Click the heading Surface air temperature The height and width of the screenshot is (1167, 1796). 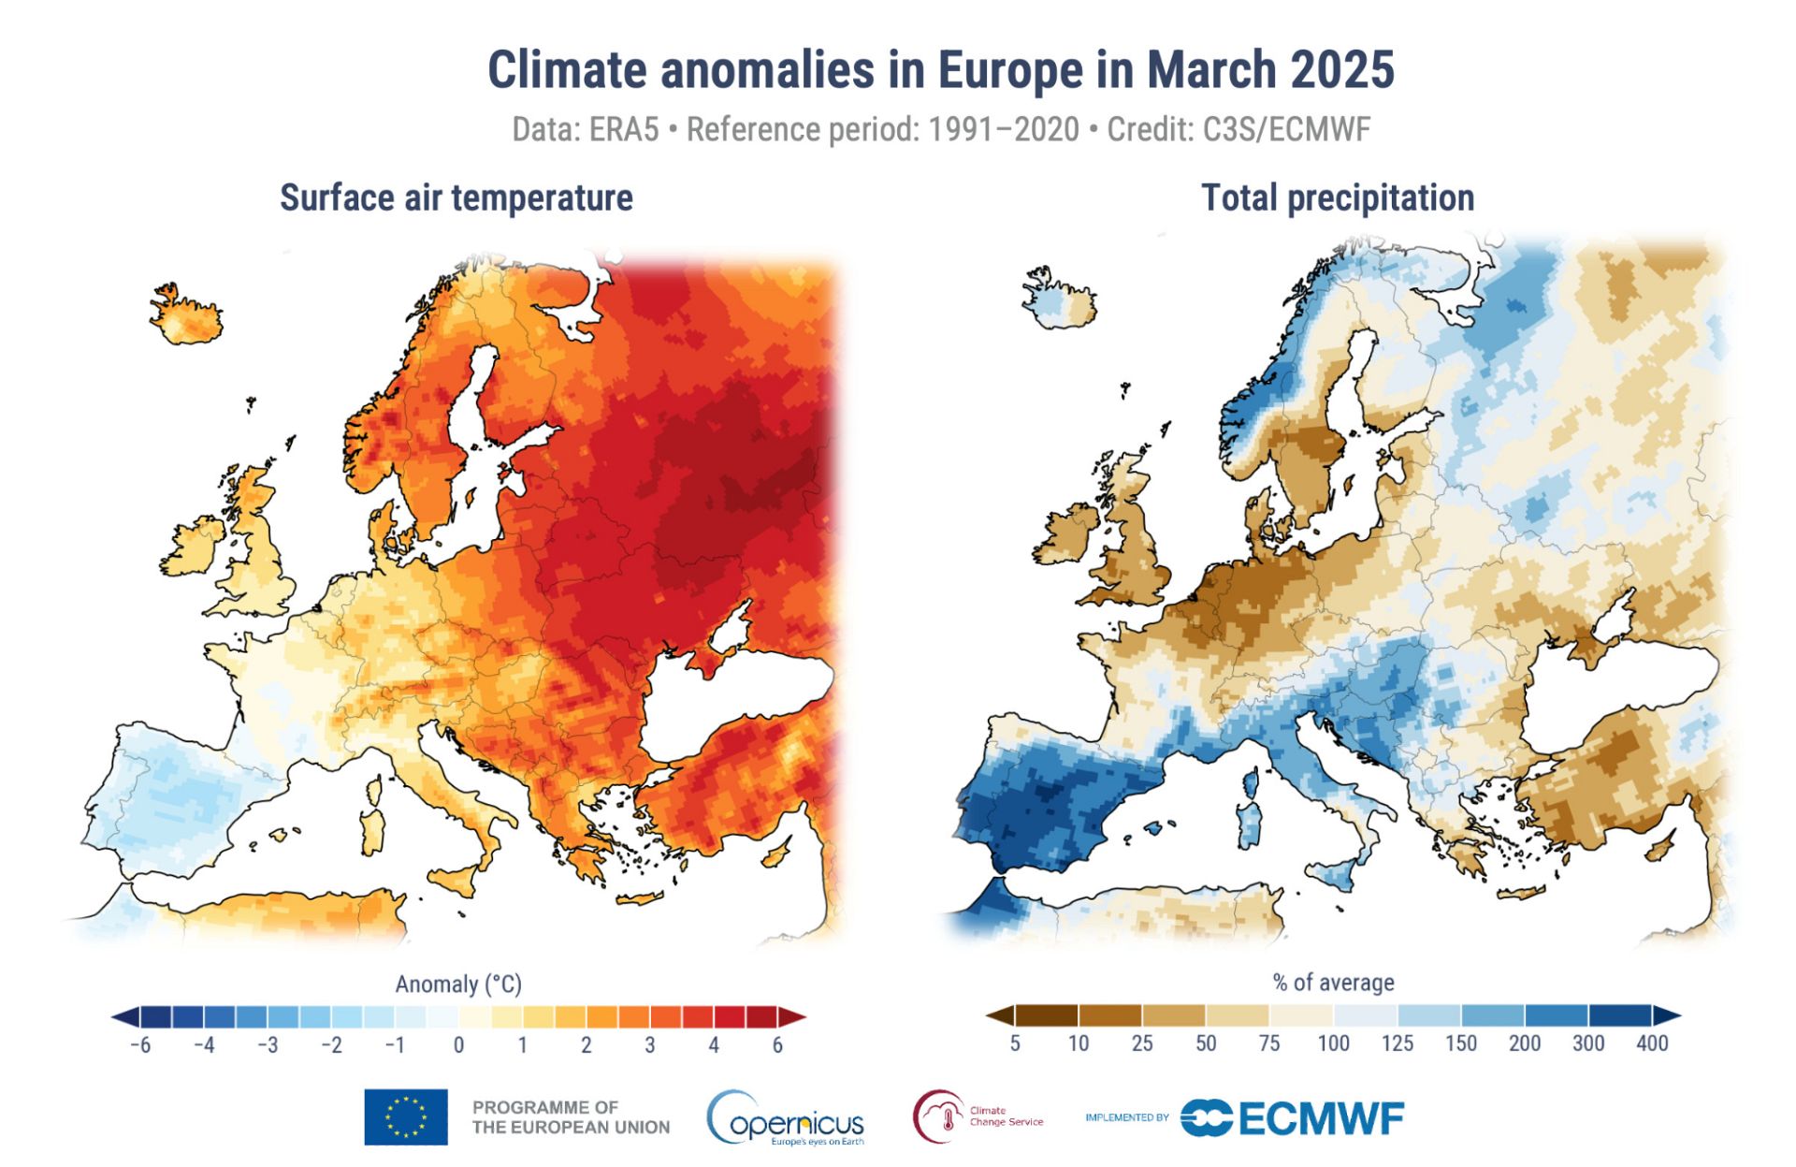456,198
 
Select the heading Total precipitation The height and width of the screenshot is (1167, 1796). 1337,198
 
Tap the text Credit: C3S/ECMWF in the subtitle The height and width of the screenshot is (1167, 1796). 1238,129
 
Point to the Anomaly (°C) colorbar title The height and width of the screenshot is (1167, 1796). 458,985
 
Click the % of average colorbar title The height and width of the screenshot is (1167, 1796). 1333,983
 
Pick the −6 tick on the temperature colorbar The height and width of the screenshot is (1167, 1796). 140,1045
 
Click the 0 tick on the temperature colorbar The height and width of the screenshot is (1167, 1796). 458,1045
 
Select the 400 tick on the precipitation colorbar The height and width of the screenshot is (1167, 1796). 1652,1043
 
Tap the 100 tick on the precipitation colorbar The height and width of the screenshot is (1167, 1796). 1333,1043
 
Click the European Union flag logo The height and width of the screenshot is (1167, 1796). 406,1116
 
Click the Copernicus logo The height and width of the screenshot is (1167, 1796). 786,1117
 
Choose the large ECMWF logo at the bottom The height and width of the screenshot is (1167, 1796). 1293,1117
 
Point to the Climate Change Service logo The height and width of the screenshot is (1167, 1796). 978,1116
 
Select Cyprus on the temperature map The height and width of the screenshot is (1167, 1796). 775,855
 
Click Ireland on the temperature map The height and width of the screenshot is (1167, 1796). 194,547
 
